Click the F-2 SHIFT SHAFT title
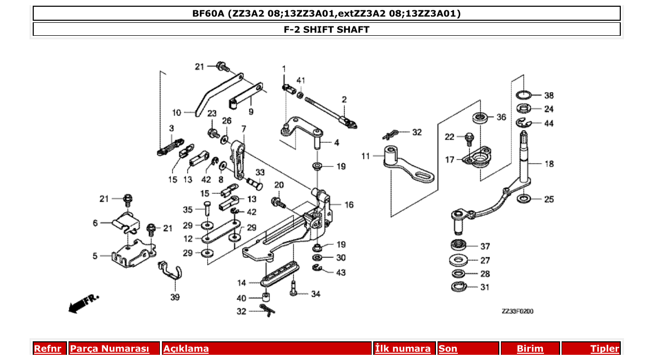326,29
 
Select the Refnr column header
48,349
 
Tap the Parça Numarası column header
110,349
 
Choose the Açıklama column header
186,349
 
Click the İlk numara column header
403,349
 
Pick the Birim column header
530,349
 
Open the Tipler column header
605,349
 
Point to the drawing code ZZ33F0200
517,311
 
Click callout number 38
549,95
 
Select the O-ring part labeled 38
525,95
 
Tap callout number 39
175,297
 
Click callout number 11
365,156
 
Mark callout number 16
349,205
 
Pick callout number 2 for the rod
344,99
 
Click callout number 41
301,80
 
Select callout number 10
176,112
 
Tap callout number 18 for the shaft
549,164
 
